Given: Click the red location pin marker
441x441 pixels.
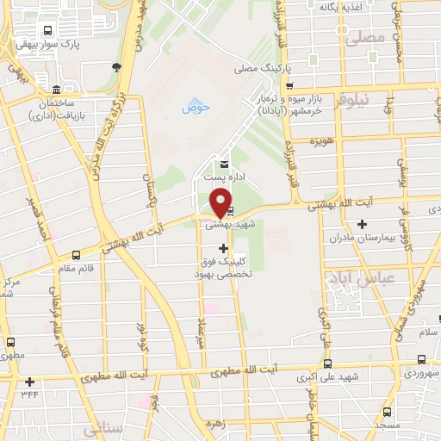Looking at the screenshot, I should (221, 204).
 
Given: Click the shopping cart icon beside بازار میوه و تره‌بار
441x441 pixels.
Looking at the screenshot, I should (290, 85).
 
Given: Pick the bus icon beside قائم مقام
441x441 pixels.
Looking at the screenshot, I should (77, 255).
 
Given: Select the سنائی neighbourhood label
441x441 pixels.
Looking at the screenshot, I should (102, 427).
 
